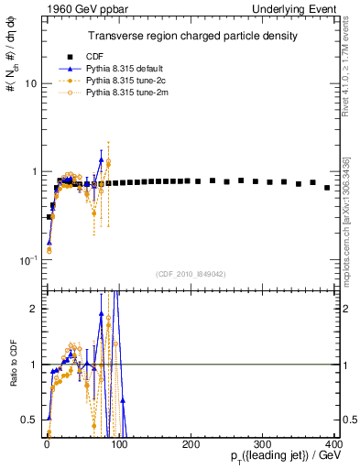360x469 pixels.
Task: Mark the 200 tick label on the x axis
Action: (191, 443)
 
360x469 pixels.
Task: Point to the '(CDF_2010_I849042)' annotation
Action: (190, 274)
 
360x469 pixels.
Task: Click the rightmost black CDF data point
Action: (327, 187)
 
